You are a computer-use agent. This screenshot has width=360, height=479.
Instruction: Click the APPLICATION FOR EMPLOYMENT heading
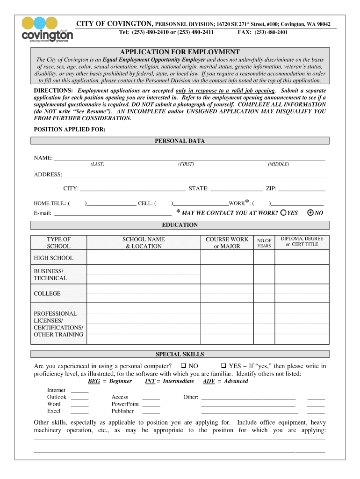[x=180, y=52]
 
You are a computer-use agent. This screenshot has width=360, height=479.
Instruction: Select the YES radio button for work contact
[x=283, y=213]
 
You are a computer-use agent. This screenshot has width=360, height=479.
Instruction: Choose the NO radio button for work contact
[x=310, y=213]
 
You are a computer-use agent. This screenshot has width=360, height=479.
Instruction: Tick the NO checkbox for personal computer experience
[x=183, y=366]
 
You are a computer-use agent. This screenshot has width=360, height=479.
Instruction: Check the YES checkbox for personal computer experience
[x=223, y=366]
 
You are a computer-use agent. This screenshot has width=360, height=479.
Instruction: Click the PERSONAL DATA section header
[x=180, y=141]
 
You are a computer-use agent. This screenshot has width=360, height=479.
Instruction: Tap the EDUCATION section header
[x=180, y=225]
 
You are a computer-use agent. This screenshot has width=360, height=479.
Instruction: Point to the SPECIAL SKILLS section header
[x=180, y=354]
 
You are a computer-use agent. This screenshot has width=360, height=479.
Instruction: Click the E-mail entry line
[x=113, y=213]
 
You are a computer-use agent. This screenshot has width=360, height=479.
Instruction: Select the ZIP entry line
[x=302, y=189]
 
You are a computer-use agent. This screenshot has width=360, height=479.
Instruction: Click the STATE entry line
[x=237, y=189]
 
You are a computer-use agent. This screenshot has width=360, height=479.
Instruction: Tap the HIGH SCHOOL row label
[x=54, y=258]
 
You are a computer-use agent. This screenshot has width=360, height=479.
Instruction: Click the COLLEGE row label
[x=47, y=294]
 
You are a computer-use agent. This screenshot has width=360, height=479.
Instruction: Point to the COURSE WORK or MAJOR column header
[x=227, y=243]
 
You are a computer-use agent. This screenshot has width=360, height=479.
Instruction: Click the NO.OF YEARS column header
[x=264, y=243]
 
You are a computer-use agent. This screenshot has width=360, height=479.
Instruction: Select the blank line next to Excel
[x=80, y=411]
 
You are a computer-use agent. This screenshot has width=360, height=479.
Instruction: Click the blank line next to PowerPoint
[x=151, y=404]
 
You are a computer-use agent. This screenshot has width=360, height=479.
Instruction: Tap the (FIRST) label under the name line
[x=186, y=164]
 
